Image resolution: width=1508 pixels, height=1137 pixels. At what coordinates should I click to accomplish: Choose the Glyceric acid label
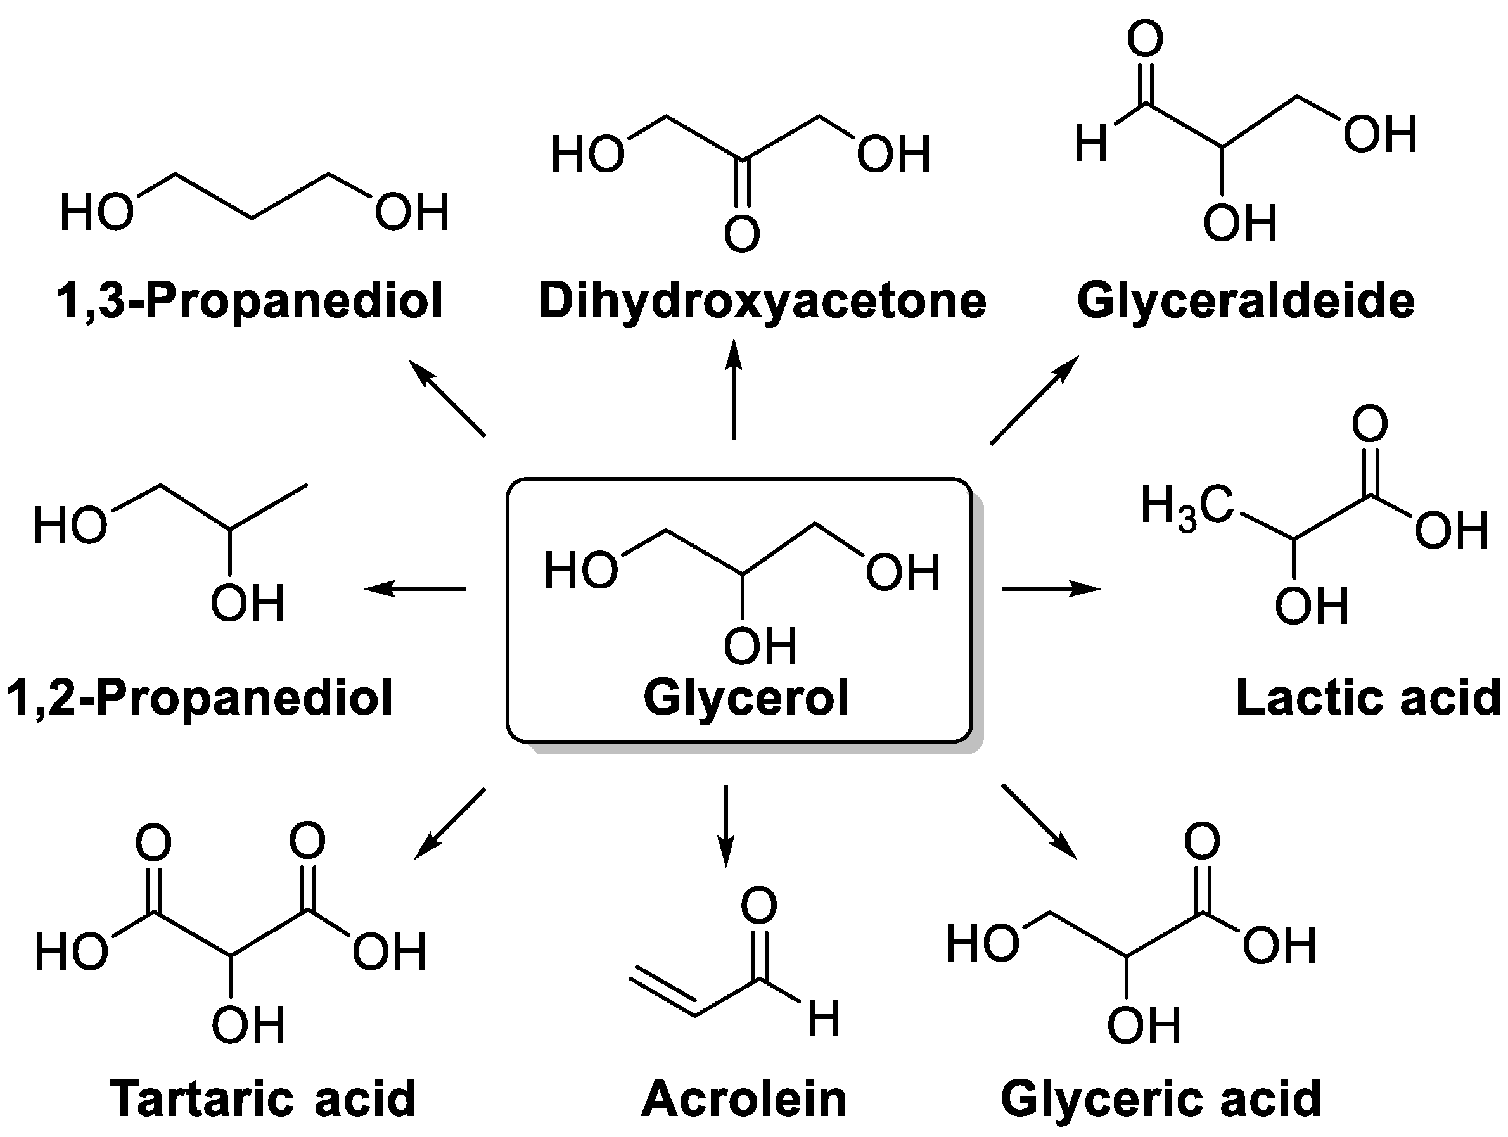coord(1160,1098)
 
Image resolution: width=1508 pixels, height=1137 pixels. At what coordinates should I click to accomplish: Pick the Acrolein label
coord(744,1098)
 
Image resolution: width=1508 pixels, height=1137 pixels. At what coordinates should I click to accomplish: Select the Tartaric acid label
coord(262,1098)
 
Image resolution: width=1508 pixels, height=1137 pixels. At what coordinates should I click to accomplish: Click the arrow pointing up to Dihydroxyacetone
coord(734,389)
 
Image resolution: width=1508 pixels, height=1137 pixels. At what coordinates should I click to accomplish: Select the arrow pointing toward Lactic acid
coord(1051,588)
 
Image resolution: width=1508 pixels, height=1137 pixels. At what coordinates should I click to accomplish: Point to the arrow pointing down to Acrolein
coord(726,825)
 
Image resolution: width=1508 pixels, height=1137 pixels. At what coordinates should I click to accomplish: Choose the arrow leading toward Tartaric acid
coord(450,823)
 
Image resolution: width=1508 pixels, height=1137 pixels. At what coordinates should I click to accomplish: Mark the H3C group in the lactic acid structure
coord(1187,508)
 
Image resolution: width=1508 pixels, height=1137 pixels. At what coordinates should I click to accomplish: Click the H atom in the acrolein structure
coord(824,1019)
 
